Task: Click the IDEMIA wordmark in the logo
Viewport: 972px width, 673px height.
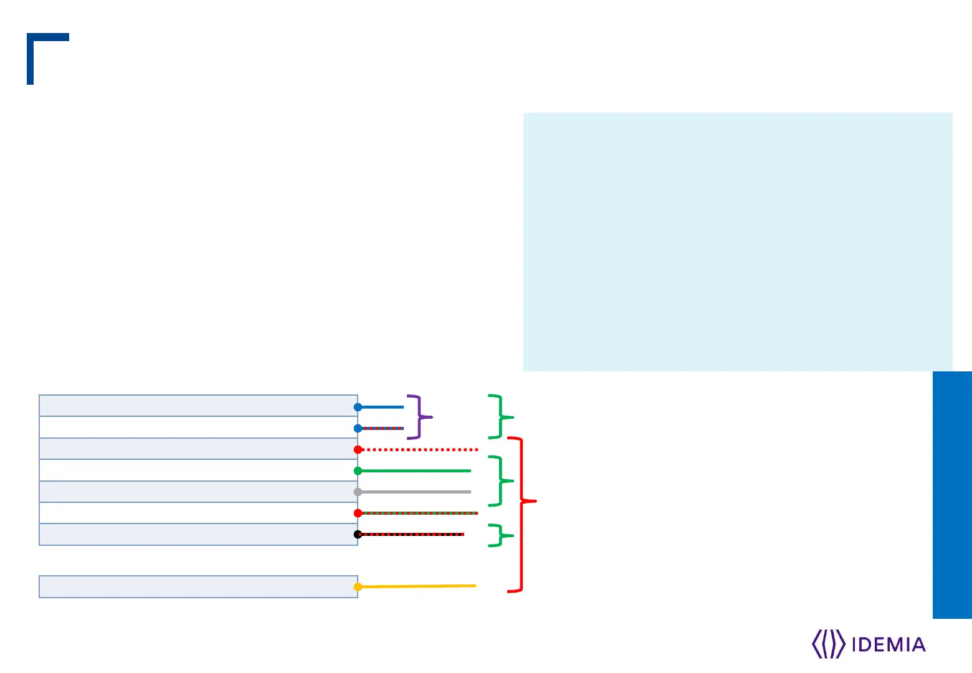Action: point(888,644)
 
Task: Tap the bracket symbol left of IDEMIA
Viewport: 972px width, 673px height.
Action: point(828,644)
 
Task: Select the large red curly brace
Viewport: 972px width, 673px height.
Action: point(522,515)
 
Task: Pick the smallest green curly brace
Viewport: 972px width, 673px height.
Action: point(500,535)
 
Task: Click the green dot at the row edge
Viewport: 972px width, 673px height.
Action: point(358,470)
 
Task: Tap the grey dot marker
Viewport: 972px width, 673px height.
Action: point(358,492)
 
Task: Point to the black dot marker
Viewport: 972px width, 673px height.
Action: point(358,534)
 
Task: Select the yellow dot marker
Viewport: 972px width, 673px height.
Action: point(358,586)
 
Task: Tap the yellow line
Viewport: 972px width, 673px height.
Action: point(417,586)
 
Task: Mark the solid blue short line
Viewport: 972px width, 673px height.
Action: point(382,407)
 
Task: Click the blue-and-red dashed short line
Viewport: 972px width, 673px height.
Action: point(382,428)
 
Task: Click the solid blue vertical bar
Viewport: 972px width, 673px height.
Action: point(951,495)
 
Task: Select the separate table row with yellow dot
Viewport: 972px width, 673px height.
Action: point(198,586)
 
